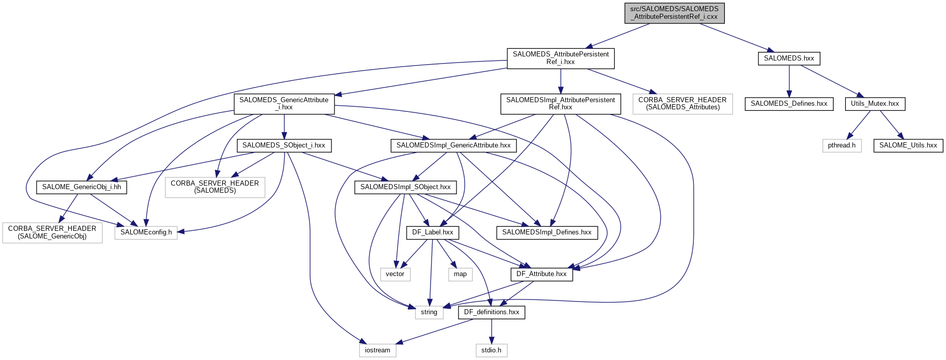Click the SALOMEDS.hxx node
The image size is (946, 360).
coord(789,58)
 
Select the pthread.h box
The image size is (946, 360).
coord(841,145)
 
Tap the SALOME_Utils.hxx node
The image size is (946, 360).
coord(908,145)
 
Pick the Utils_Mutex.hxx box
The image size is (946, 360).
coord(875,104)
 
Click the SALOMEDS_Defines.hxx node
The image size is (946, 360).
coord(789,104)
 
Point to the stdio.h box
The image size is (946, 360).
coord(491,350)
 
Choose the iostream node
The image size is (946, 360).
coord(378,350)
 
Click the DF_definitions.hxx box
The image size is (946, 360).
coord(492,312)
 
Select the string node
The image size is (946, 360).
coord(429,312)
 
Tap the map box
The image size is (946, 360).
coord(460,274)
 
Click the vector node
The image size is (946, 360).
coord(395,274)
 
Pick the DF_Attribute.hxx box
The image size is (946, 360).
coord(541,274)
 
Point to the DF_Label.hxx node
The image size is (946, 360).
coord(433,232)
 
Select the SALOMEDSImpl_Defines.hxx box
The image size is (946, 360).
coord(547,232)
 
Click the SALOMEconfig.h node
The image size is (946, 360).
coord(146,232)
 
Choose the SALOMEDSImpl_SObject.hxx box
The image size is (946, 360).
coord(405,187)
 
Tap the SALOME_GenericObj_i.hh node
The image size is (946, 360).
coord(81,187)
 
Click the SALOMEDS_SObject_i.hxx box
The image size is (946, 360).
coord(284,145)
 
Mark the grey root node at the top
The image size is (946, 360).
coord(675,13)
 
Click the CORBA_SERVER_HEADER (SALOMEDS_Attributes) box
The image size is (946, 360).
coord(683,104)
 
